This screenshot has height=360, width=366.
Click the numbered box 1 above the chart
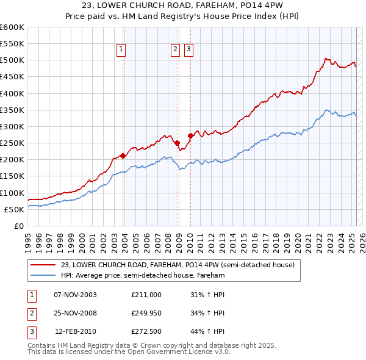click(x=121, y=50)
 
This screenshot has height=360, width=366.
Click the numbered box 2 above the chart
click(x=175, y=50)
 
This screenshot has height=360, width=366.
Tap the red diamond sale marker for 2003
click(x=123, y=156)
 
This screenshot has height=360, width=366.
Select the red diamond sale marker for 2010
click(x=190, y=135)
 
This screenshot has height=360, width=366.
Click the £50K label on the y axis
click(x=15, y=209)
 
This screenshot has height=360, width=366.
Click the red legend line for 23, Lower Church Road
click(x=43, y=265)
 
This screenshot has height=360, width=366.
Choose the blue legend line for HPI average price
click(x=43, y=275)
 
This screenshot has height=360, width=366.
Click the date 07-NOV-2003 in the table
click(x=76, y=295)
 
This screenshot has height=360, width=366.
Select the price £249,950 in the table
click(x=146, y=313)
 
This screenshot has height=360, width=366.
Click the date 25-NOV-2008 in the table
click(x=76, y=313)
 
